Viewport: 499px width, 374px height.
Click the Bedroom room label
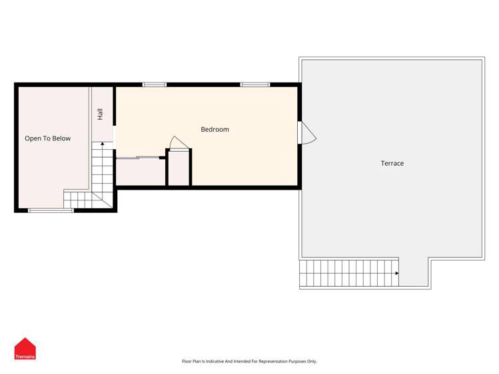(x=215, y=129)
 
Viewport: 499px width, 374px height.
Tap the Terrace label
(x=392, y=163)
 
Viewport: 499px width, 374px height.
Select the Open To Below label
(x=47, y=138)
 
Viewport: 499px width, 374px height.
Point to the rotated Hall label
(x=100, y=114)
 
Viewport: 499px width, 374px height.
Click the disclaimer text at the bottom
(x=249, y=361)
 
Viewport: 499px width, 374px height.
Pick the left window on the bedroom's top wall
(x=154, y=85)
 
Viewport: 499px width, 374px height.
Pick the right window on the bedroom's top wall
(x=255, y=85)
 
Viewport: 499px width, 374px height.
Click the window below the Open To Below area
(x=51, y=210)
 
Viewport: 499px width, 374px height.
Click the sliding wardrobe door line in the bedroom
(x=139, y=158)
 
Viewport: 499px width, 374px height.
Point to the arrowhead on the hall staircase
(x=102, y=144)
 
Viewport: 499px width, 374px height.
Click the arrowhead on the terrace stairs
(x=397, y=273)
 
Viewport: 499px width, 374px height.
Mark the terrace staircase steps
(x=346, y=273)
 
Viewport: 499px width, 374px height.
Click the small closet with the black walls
(x=179, y=170)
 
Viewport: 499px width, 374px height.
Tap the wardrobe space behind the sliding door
(x=139, y=172)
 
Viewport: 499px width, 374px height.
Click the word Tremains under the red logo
(x=25, y=357)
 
